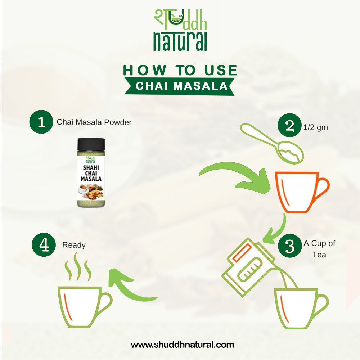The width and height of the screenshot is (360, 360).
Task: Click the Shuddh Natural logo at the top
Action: point(180,31)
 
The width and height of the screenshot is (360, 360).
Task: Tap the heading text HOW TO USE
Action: point(180,70)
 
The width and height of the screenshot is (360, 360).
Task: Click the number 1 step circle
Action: point(41,122)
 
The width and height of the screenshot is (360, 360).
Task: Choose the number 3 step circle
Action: point(290,246)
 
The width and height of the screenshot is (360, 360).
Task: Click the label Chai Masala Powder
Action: point(94,122)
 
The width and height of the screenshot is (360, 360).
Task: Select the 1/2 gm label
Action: point(316,127)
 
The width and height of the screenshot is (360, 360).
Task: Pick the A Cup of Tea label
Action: point(319,249)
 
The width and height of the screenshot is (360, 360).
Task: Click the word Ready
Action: point(74,245)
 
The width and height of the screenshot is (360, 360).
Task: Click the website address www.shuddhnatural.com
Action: point(182,345)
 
